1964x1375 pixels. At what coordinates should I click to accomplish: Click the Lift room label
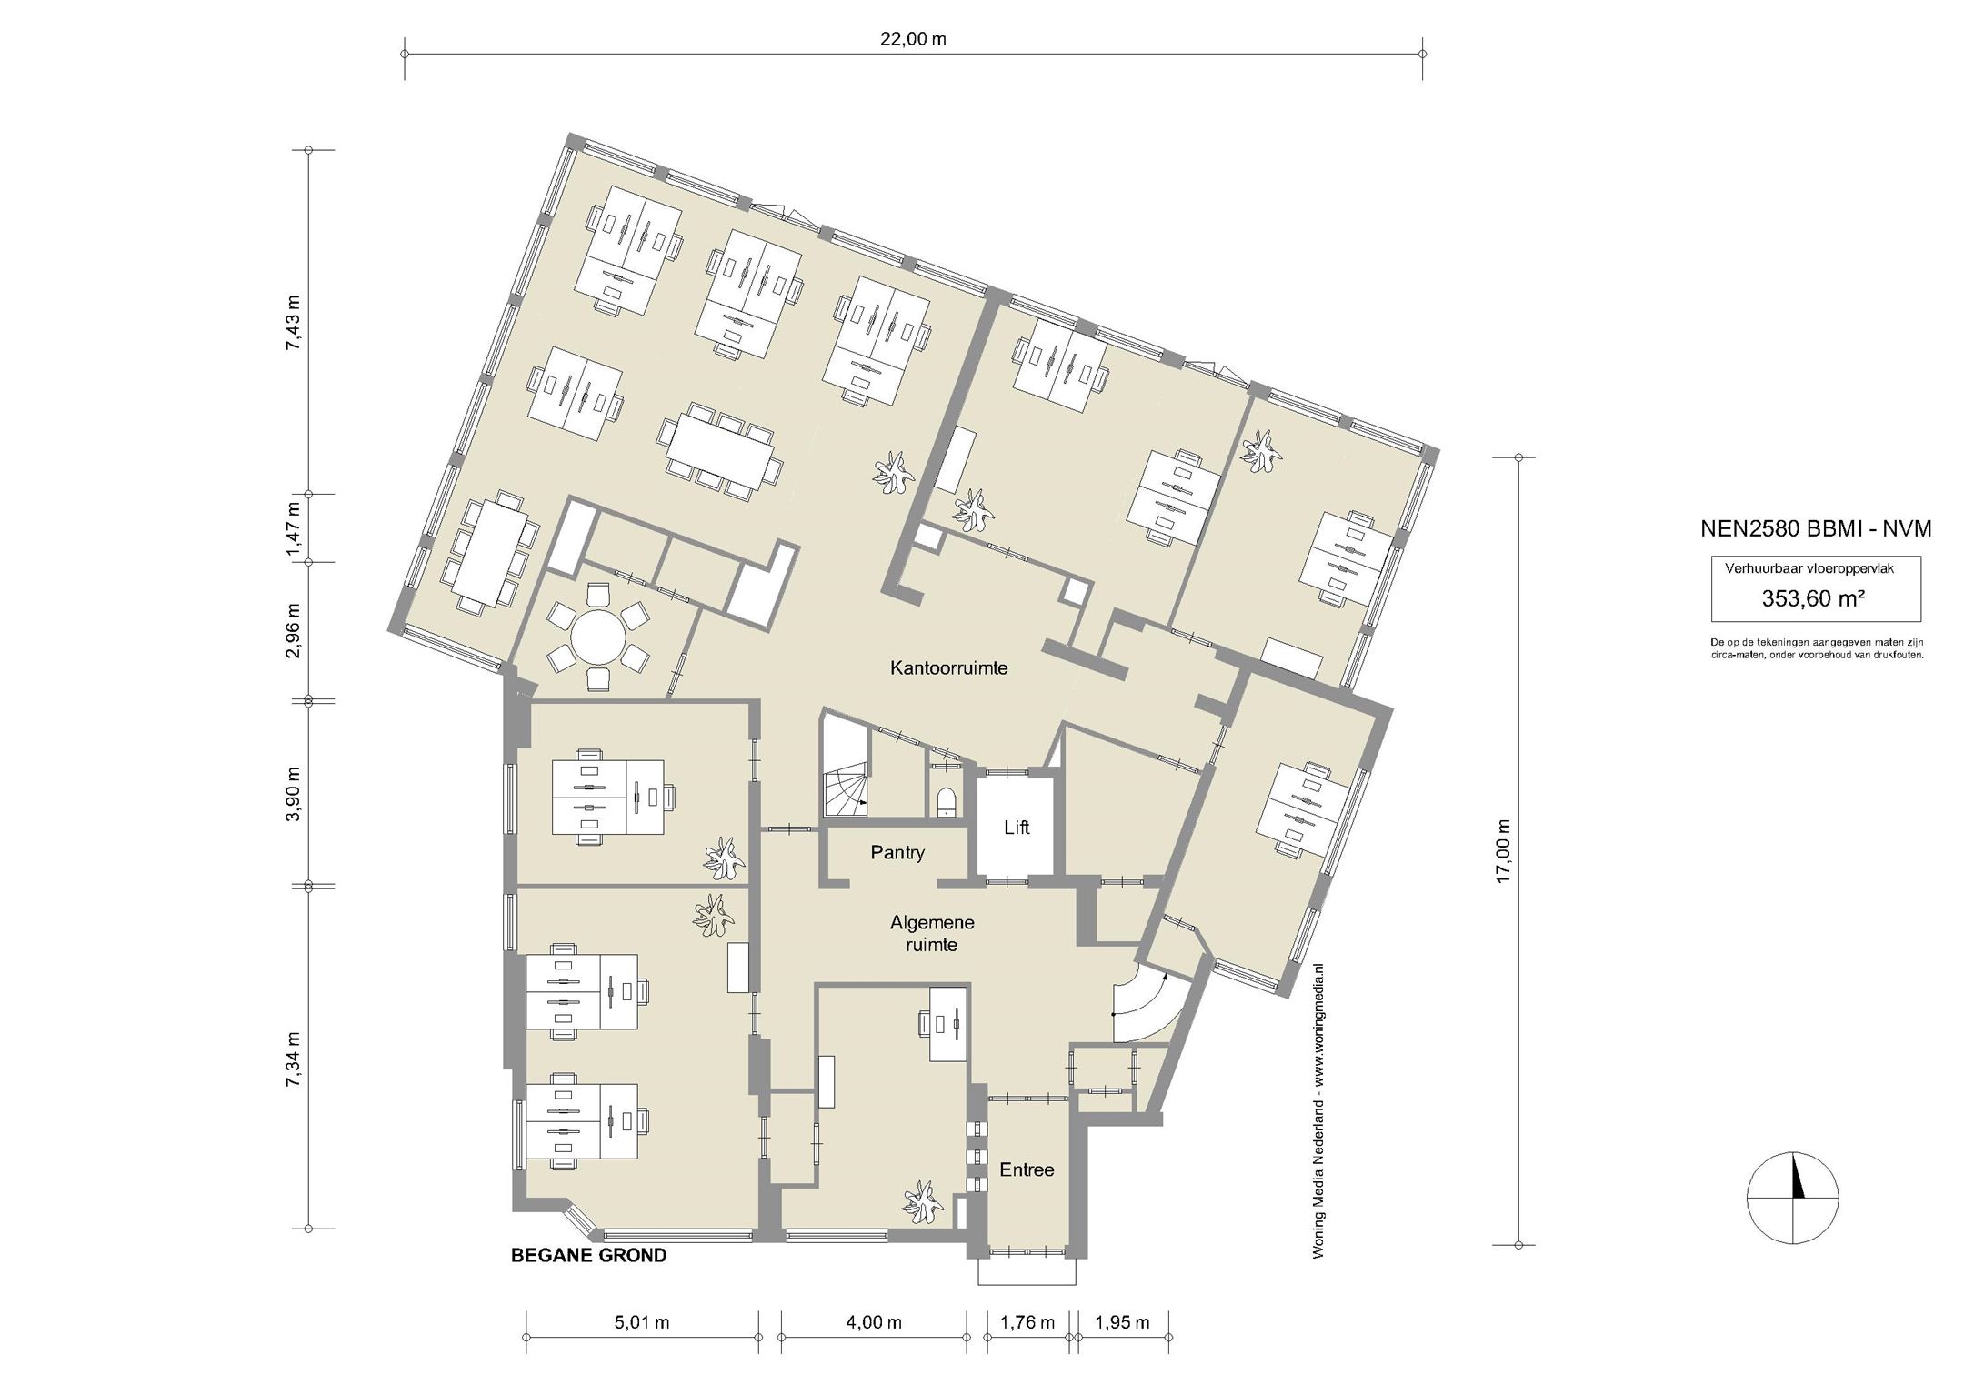click(x=1017, y=828)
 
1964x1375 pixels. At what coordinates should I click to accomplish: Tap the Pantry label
click(x=897, y=853)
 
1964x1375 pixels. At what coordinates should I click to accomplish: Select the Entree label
click(x=1027, y=1169)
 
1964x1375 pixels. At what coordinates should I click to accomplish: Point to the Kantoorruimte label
click(x=948, y=668)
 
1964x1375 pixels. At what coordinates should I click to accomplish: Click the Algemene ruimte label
click(x=932, y=934)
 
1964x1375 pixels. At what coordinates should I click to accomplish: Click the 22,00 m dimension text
click(x=914, y=39)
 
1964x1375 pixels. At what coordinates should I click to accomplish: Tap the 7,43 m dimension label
click(x=292, y=322)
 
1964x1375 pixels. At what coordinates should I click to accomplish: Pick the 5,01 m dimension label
click(x=641, y=1322)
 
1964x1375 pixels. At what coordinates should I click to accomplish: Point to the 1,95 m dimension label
click(x=1122, y=1322)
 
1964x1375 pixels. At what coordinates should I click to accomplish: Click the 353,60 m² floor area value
click(x=1814, y=598)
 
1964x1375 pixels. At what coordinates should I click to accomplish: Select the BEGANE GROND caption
click(x=588, y=1256)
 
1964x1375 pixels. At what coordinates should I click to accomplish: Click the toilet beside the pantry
click(x=946, y=800)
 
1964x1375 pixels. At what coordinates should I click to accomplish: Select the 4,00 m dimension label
click(x=874, y=1322)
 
